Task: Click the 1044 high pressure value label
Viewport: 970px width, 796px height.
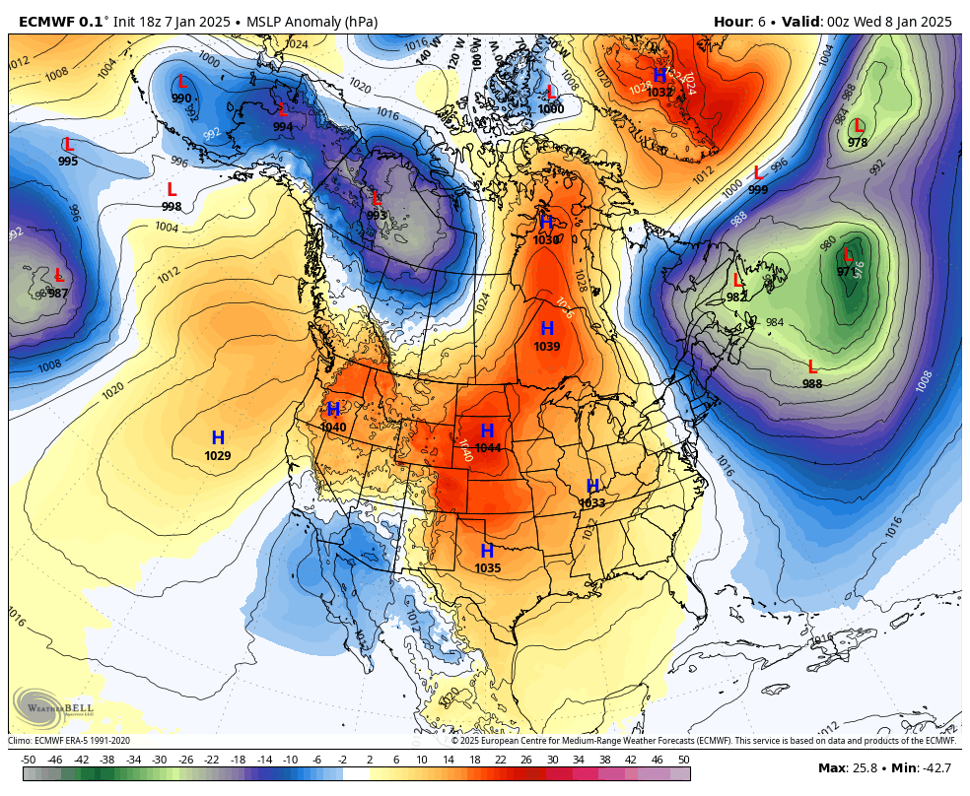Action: tap(487, 448)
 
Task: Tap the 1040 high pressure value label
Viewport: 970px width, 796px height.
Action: tap(333, 428)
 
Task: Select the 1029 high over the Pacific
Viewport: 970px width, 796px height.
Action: tap(218, 456)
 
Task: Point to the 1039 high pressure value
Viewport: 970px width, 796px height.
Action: tap(547, 347)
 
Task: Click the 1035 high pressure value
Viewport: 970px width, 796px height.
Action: tap(487, 568)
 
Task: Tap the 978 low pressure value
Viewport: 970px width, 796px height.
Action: tap(858, 143)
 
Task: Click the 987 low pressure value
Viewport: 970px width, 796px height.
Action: tap(58, 294)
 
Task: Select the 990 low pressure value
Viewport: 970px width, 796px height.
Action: tap(181, 99)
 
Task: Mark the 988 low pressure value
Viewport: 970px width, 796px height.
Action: tap(812, 384)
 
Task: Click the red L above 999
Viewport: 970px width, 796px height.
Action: tap(758, 173)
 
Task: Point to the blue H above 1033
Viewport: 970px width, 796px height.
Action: tap(592, 486)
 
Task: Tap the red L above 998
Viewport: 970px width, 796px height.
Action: tap(172, 189)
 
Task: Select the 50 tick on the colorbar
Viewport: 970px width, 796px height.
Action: tap(683, 760)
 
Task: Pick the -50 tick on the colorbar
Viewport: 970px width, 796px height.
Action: tap(29, 760)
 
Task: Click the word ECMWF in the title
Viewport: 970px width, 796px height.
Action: tap(40, 22)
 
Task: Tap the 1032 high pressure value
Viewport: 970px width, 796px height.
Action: tap(659, 93)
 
